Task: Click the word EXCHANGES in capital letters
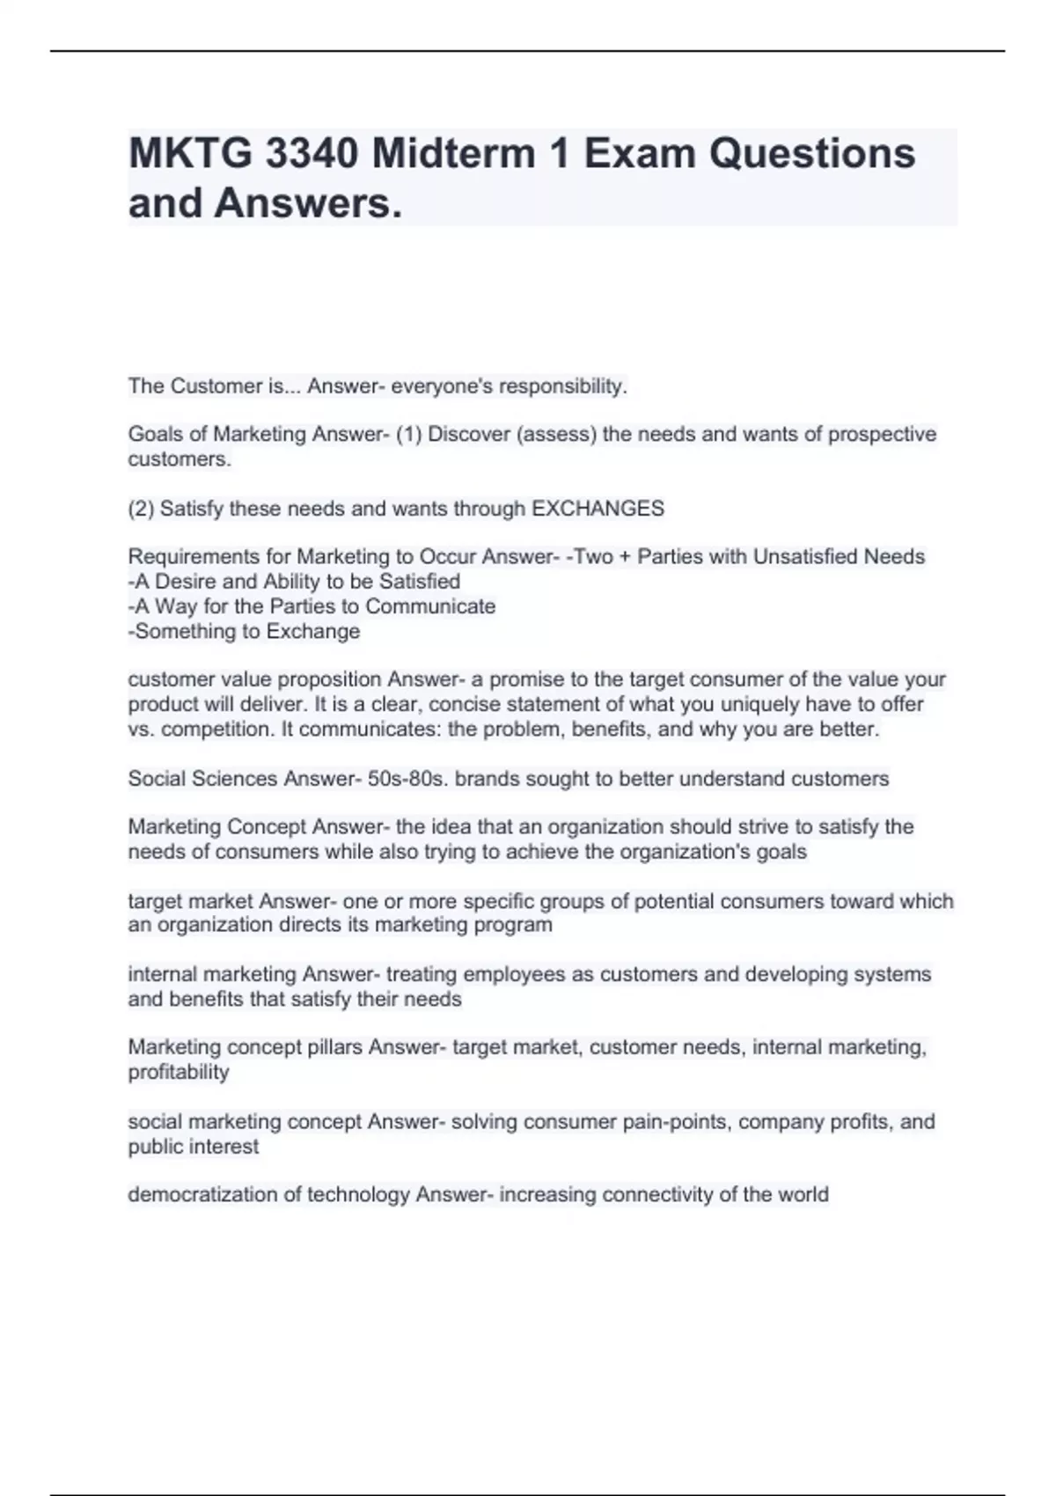(598, 509)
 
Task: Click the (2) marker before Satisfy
(141, 509)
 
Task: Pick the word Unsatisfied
(804, 557)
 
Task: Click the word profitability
(179, 1072)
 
